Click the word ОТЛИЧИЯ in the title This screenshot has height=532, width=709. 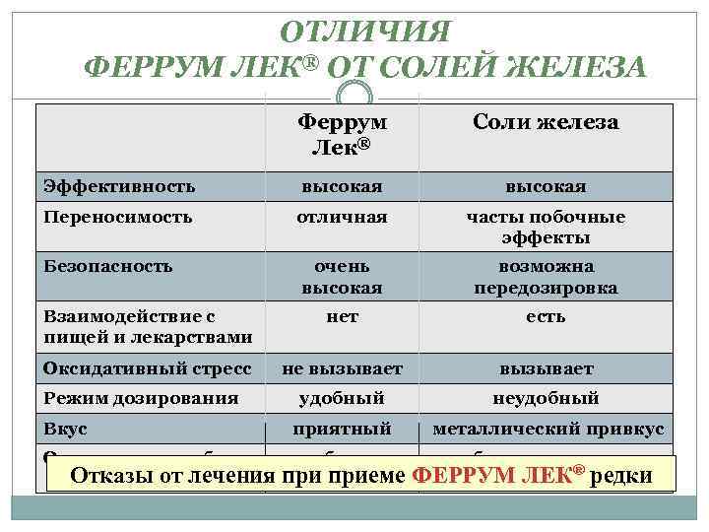(x=365, y=31)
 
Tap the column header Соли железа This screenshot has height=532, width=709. (x=546, y=122)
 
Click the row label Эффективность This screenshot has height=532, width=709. (x=119, y=185)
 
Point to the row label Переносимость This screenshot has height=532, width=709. (x=117, y=216)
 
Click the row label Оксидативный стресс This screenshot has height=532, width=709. (x=147, y=368)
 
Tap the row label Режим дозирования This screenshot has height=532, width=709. (x=141, y=398)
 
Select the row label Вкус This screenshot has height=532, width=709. (x=65, y=430)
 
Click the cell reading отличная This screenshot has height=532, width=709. (x=342, y=216)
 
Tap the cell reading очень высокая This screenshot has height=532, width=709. (x=342, y=277)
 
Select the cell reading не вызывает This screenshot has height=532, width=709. (x=342, y=368)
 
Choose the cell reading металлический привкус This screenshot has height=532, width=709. (x=549, y=430)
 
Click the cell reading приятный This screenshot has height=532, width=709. (x=342, y=430)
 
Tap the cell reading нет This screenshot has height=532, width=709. (x=342, y=316)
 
